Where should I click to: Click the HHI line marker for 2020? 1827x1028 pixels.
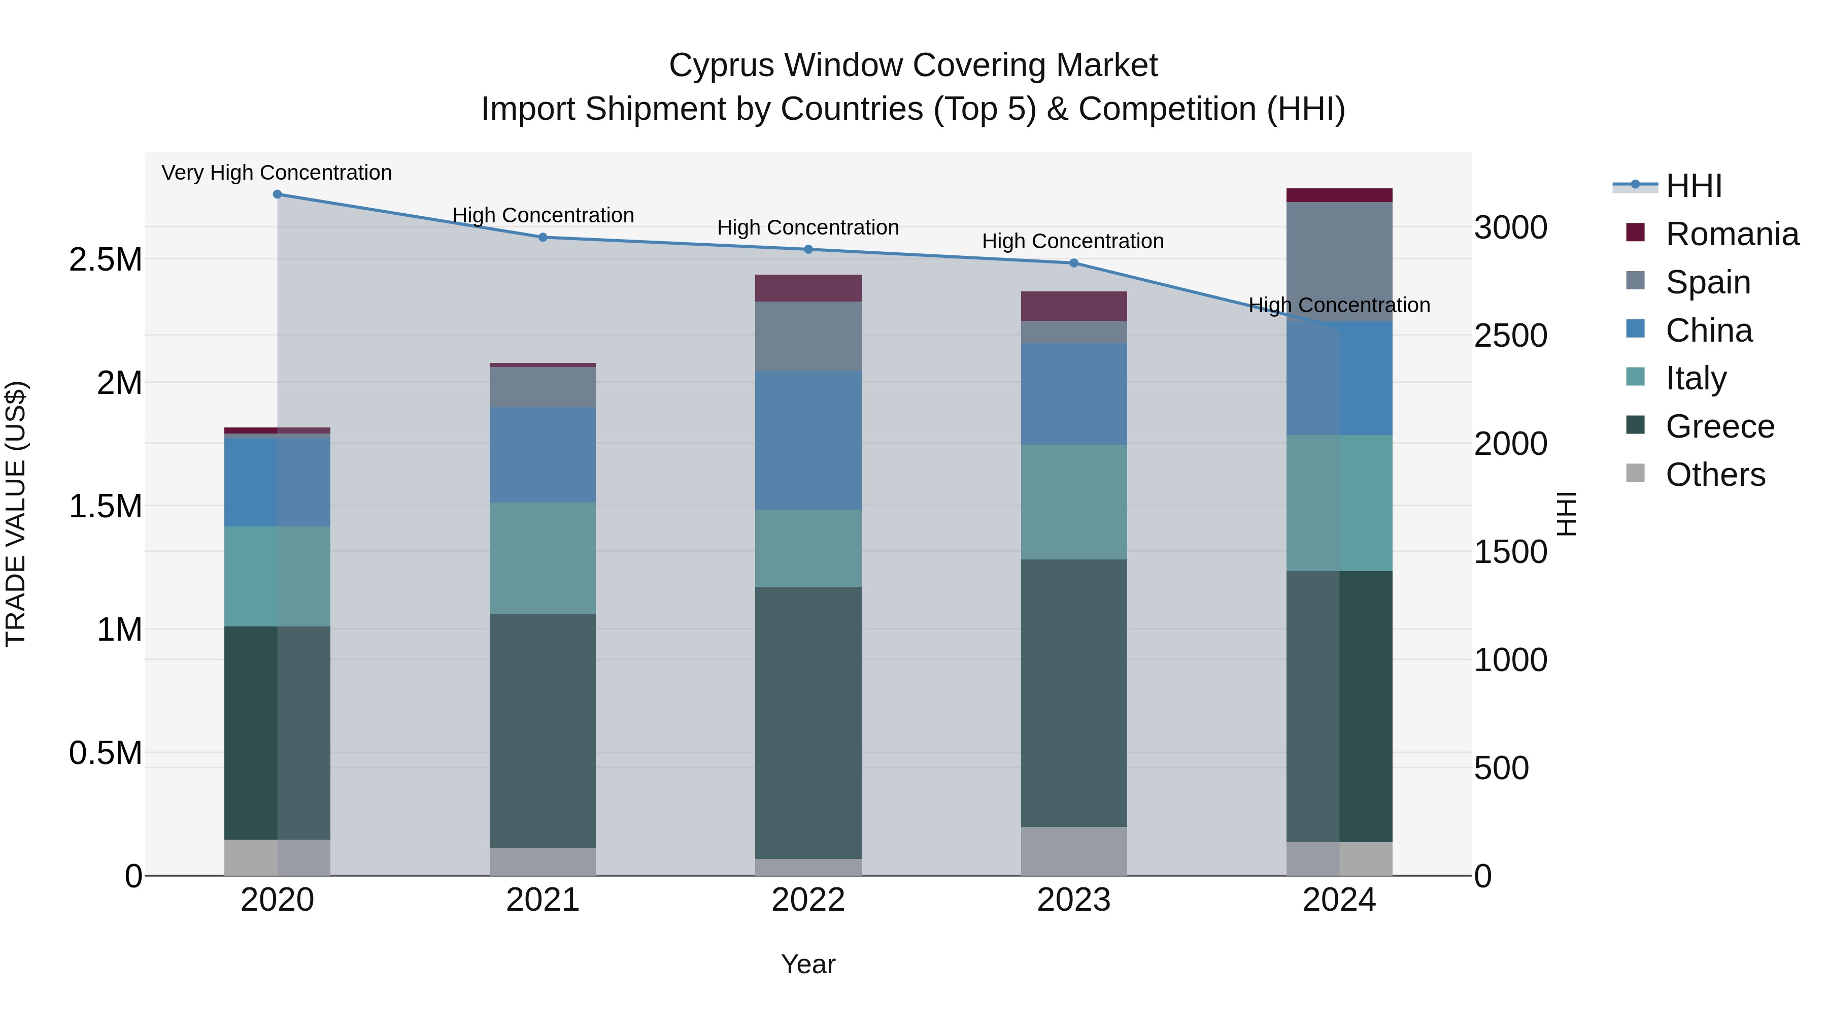pyautogui.click(x=277, y=194)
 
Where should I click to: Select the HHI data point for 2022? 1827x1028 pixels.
pyautogui.click(x=808, y=250)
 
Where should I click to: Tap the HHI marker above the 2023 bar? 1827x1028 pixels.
pyautogui.click(x=1074, y=263)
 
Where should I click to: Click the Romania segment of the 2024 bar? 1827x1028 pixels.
pyautogui.click(x=1339, y=195)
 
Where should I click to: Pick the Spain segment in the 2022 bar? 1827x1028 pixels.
pyautogui.click(x=808, y=336)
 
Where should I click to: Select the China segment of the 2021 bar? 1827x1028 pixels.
pyautogui.click(x=543, y=455)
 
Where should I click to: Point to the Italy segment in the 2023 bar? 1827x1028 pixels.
pyautogui.click(x=1074, y=502)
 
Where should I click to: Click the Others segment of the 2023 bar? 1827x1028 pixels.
pyautogui.click(x=1074, y=851)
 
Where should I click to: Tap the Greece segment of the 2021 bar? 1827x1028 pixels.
pyautogui.click(x=543, y=731)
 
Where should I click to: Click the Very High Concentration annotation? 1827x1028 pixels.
pyautogui.click(x=277, y=173)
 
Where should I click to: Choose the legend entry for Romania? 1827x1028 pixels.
pyautogui.click(x=1731, y=234)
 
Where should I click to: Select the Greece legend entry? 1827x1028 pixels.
pyautogui.click(x=1719, y=426)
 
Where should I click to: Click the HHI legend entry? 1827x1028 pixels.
pyautogui.click(x=1693, y=186)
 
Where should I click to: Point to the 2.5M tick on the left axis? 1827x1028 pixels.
pyautogui.click(x=105, y=259)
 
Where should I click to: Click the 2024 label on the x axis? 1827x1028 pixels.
pyautogui.click(x=1339, y=900)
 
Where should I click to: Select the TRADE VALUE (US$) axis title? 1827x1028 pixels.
pyautogui.click(x=16, y=514)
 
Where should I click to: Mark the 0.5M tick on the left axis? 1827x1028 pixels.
pyautogui.click(x=105, y=753)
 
